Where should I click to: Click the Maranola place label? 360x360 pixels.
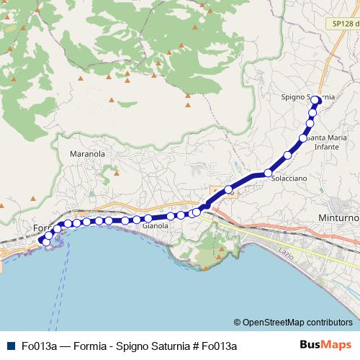87,154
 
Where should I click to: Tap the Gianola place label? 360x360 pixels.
156,226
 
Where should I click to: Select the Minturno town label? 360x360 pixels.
338,217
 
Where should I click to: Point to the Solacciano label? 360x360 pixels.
289,178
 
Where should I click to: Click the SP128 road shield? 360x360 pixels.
344,24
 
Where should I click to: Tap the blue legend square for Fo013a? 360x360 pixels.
9,346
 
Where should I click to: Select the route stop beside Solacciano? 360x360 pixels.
268,173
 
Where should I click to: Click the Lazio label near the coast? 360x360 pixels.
280,251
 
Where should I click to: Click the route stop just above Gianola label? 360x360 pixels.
148,218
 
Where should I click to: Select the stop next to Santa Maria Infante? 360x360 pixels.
303,138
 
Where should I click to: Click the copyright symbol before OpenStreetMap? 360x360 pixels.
237,323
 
